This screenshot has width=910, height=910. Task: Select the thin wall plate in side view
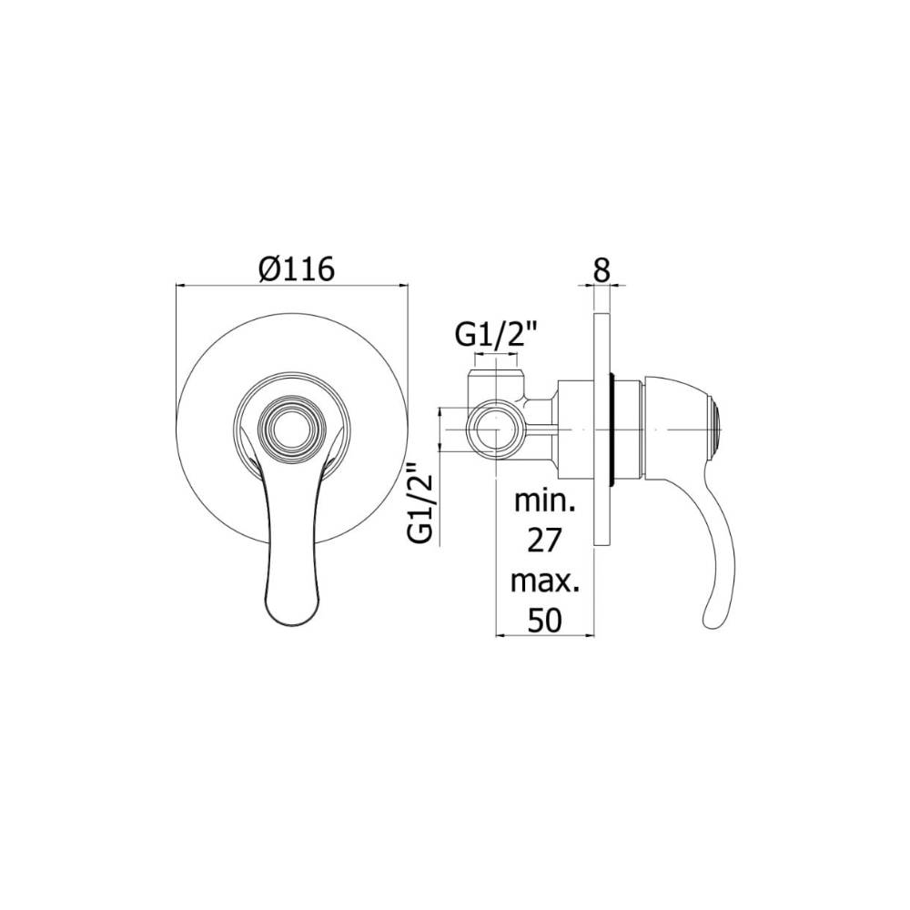(602, 428)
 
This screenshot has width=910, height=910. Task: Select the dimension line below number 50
(543, 635)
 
